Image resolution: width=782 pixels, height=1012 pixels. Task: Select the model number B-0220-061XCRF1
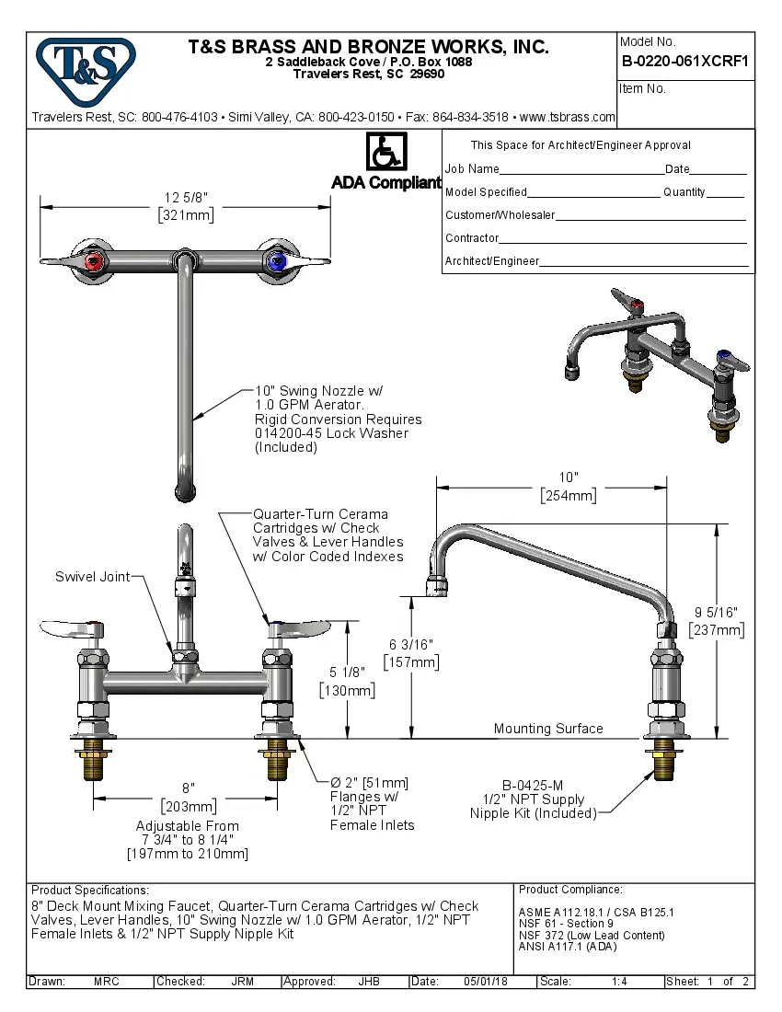(x=685, y=63)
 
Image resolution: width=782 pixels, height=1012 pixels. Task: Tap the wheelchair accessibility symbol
(x=386, y=152)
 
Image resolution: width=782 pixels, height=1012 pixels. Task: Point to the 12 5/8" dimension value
(x=186, y=198)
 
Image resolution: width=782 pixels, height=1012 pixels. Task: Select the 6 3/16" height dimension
(x=410, y=644)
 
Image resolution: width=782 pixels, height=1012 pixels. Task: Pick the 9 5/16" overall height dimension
(x=716, y=612)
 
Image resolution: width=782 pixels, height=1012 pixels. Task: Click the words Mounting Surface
(x=548, y=729)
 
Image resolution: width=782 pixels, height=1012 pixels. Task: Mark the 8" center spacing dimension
(x=188, y=788)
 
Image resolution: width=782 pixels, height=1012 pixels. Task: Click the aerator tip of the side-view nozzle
(x=437, y=584)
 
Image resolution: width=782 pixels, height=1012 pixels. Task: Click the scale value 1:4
(x=619, y=982)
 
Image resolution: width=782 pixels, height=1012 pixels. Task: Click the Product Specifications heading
(x=89, y=891)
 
